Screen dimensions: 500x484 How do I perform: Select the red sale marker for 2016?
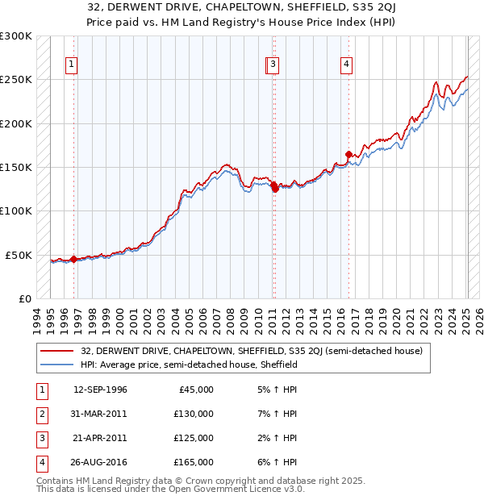point(348,154)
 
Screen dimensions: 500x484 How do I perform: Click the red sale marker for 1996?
point(73,259)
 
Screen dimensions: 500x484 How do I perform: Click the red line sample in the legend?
point(57,351)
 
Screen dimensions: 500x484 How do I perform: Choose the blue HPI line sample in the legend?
point(57,365)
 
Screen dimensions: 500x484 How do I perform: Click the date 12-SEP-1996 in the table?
point(100,390)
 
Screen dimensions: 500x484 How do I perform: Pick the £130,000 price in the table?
point(194,414)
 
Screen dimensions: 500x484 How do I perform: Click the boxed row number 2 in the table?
point(41,414)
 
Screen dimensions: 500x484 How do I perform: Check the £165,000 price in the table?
point(194,462)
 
